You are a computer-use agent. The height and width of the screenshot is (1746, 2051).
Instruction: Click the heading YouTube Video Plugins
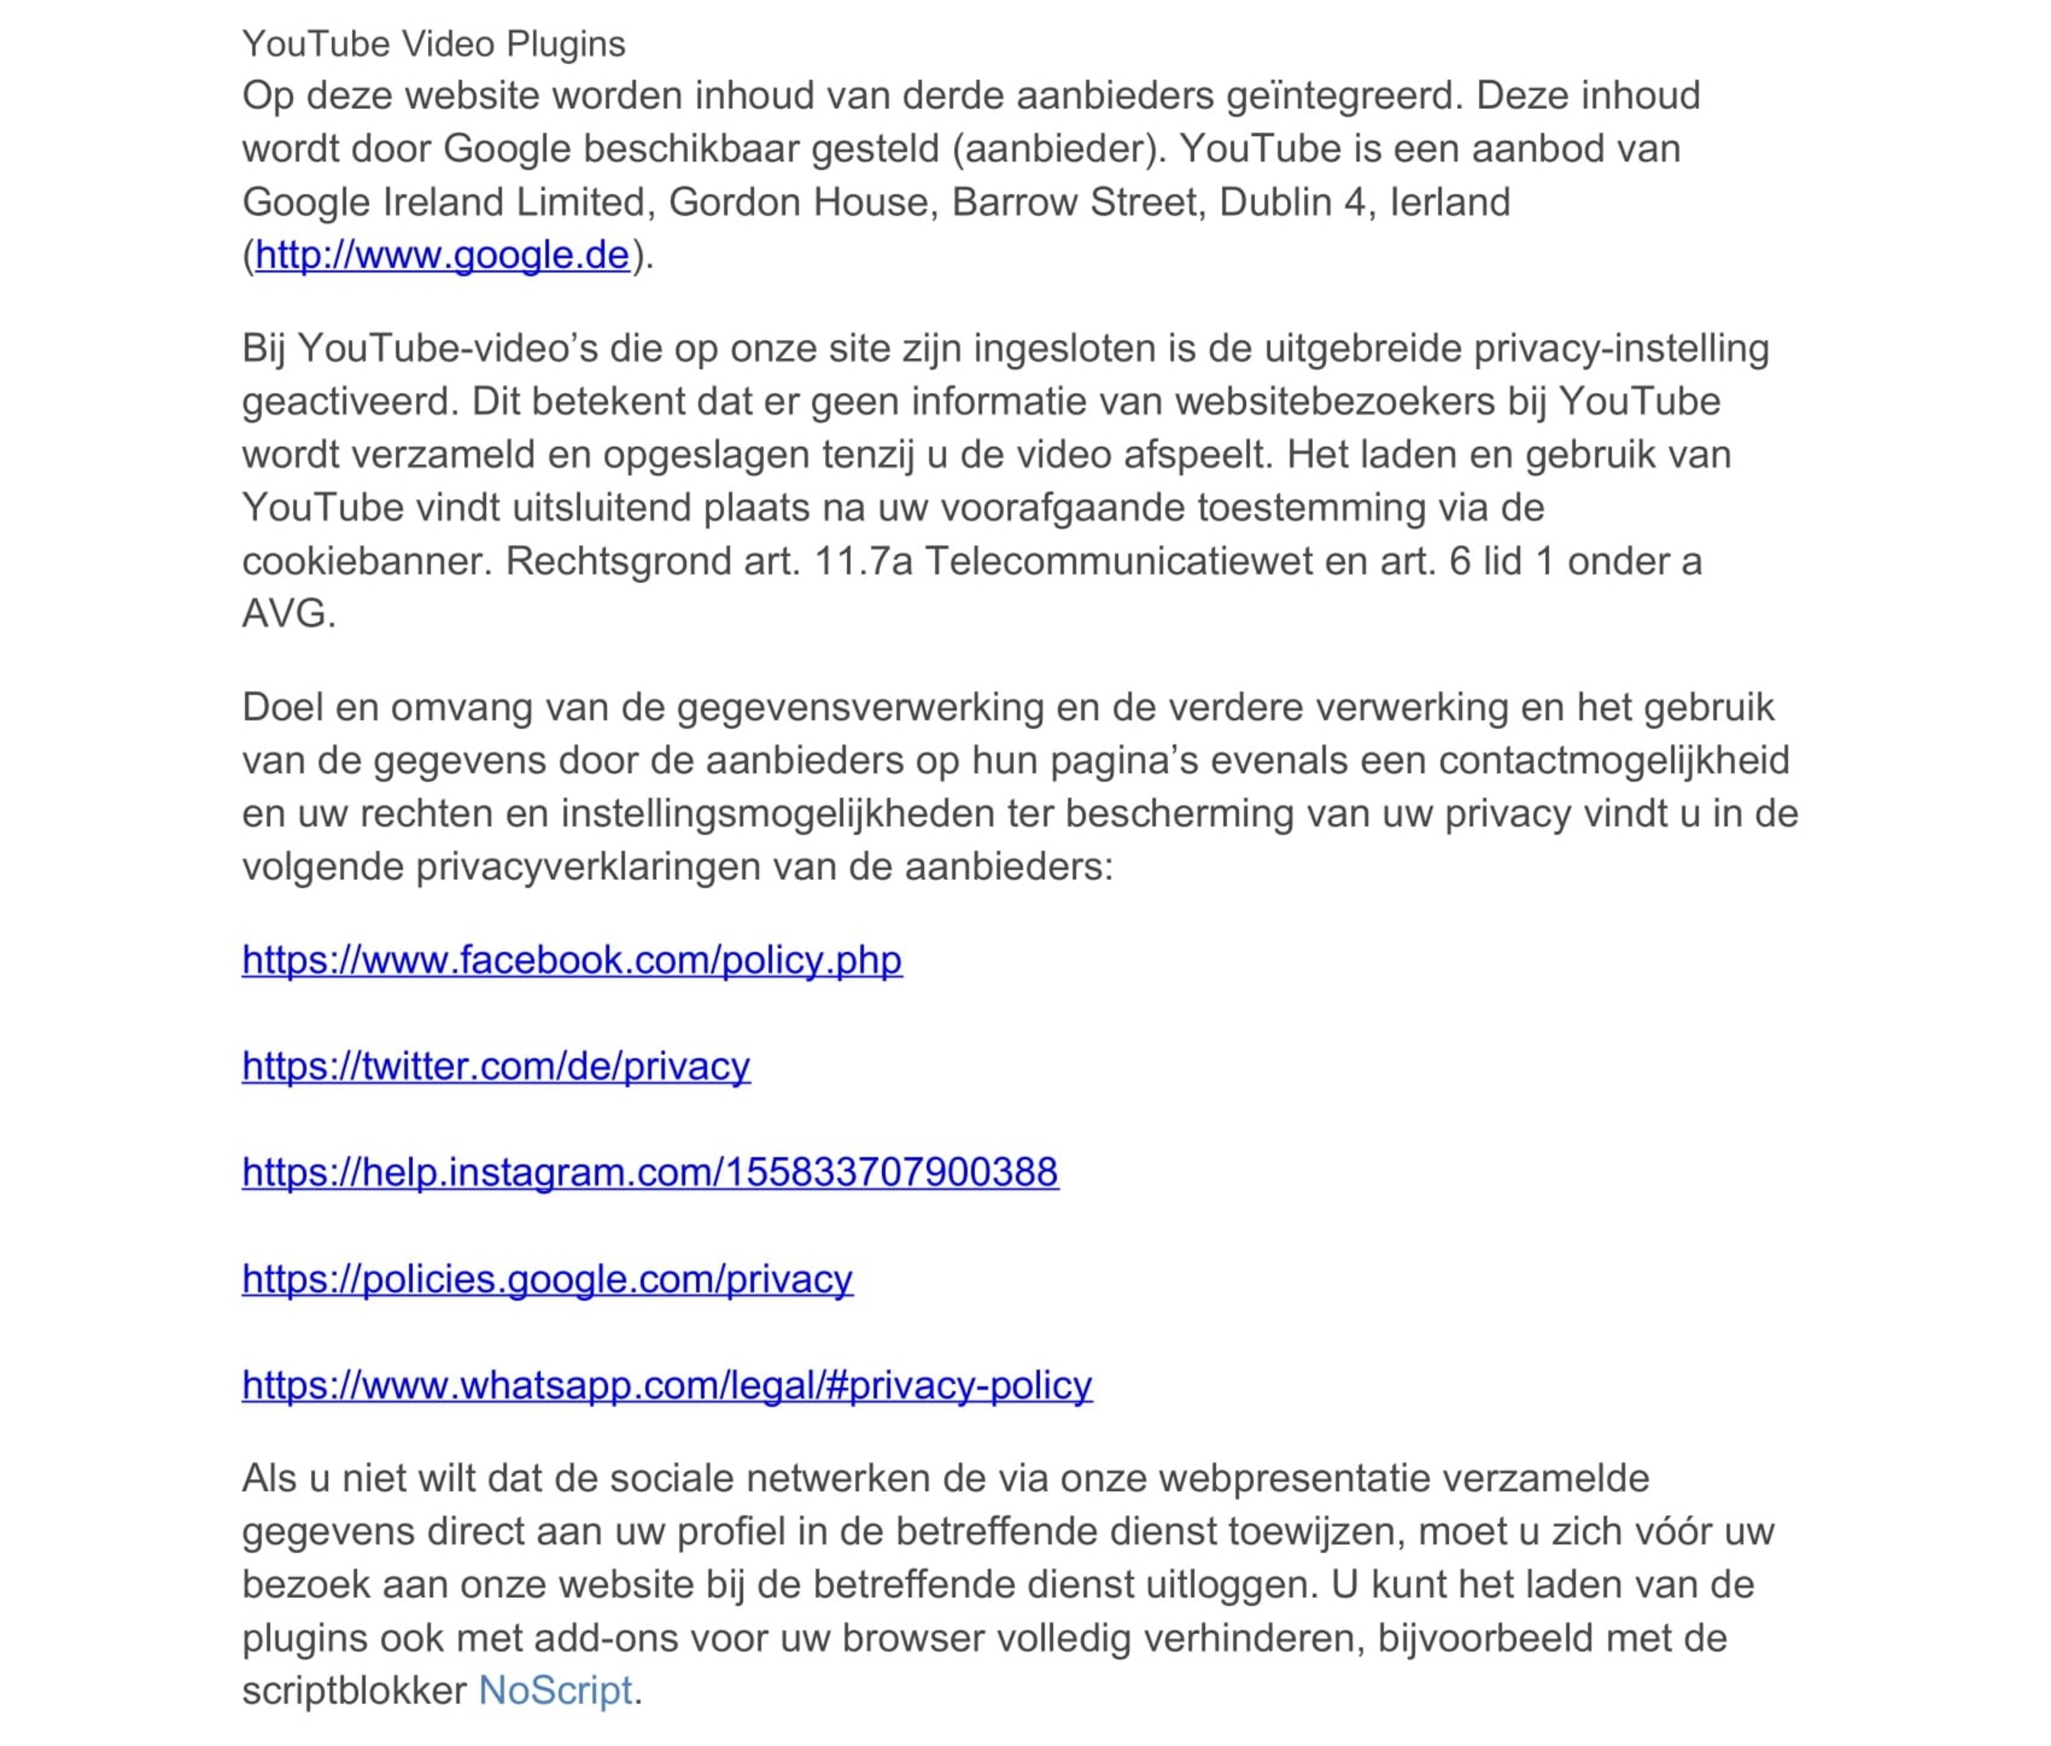433,44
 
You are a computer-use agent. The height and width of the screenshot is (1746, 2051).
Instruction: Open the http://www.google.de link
442,256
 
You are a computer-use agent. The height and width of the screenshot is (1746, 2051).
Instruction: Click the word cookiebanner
366,561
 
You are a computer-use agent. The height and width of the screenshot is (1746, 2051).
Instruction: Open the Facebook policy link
572,960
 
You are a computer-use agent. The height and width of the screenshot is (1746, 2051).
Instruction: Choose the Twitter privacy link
496,1066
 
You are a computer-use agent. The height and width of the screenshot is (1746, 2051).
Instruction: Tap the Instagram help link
650,1172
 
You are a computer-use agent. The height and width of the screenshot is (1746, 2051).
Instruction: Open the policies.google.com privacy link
547,1279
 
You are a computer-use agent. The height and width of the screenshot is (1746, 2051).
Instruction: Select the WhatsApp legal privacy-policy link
667,1385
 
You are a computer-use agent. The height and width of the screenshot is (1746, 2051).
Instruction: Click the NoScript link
555,1690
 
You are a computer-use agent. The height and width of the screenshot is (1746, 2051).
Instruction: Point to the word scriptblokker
353,1690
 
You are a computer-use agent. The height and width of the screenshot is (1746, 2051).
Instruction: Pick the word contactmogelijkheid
1614,760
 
